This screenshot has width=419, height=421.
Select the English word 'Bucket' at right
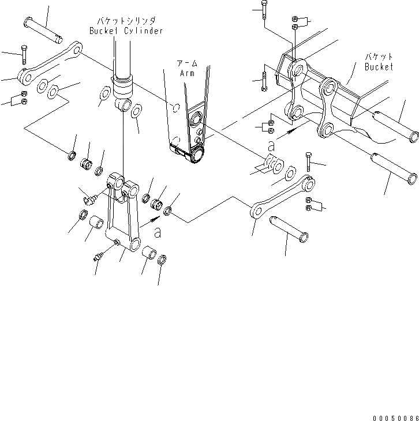pos(379,67)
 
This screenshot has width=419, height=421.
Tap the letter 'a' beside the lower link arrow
pos(157,232)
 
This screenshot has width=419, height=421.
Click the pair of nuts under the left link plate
pos(24,97)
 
